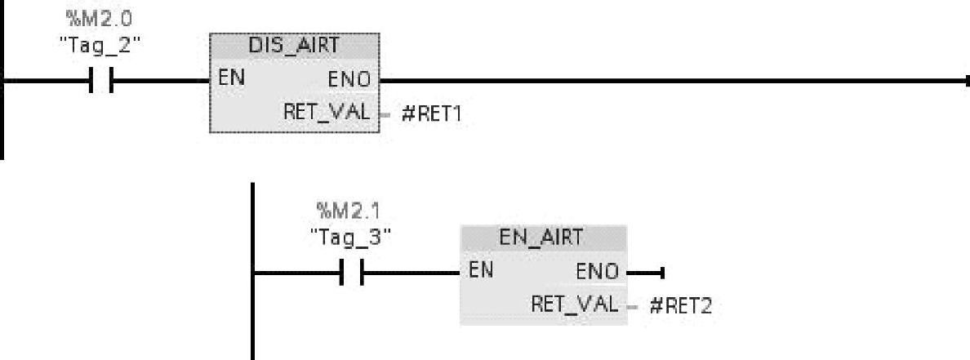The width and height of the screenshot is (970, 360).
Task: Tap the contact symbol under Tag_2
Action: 102,81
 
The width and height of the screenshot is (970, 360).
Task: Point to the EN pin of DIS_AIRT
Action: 229,80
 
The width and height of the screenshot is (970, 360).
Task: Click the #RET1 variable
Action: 431,113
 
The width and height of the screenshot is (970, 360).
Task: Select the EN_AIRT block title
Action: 544,238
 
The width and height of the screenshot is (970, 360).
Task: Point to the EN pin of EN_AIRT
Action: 480,270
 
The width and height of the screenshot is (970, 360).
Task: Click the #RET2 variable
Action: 681,306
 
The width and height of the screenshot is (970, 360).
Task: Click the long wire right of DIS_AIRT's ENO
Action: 670,81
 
